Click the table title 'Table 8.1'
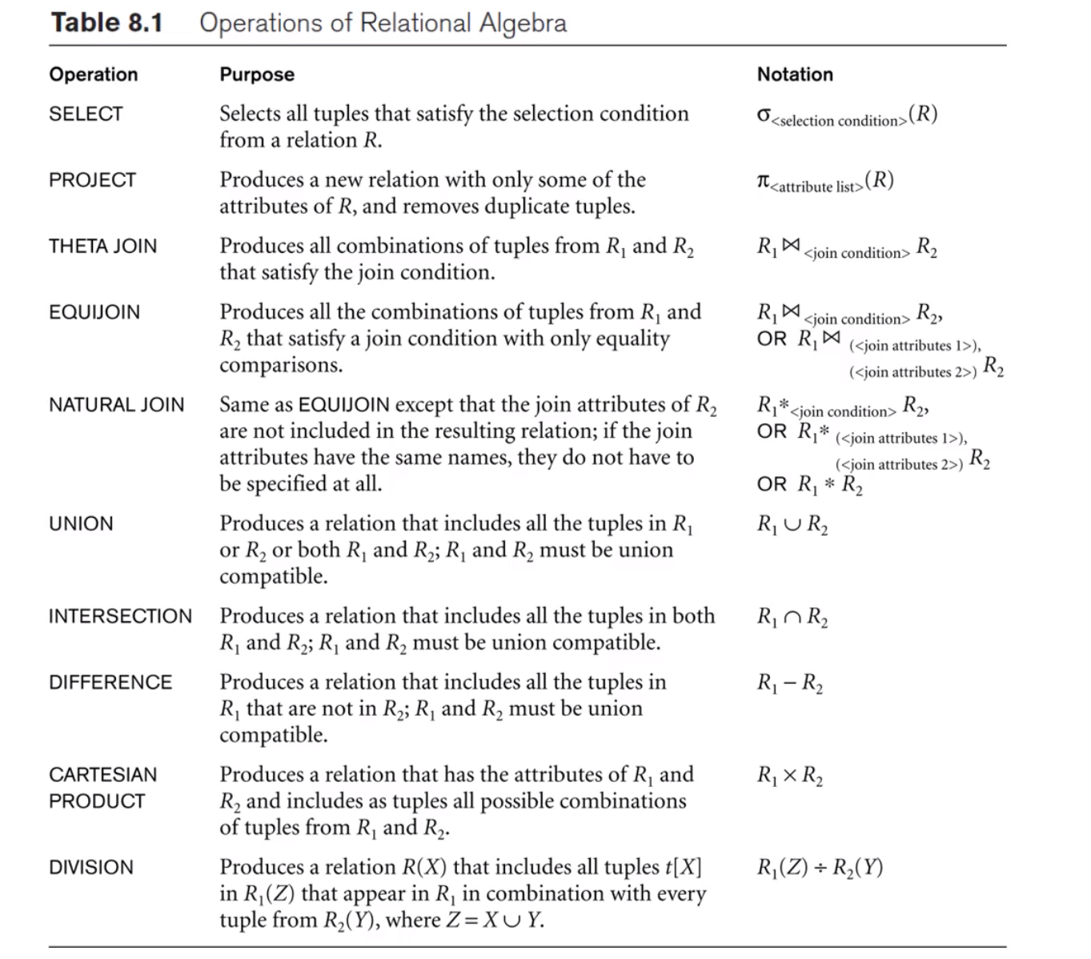click(106, 22)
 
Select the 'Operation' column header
click(93, 74)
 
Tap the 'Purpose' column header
click(257, 74)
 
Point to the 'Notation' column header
click(795, 74)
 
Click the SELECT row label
click(86, 114)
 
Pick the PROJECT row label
click(92, 180)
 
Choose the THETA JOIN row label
click(102, 246)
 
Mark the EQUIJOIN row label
click(94, 312)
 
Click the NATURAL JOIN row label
click(116, 405)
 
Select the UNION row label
click(81, 524)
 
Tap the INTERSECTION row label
click(120, 616)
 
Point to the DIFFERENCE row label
click(110, 682)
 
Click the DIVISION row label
click(90, 867)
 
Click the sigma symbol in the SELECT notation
click(764, 115)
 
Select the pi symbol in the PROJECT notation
click(763, 182)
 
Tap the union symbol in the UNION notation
click(792, 525)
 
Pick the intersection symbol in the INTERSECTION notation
click(792, 617)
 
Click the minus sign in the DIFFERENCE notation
click(789, 684)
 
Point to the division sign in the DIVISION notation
click(820, 868)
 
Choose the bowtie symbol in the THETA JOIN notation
click(790, 246)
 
